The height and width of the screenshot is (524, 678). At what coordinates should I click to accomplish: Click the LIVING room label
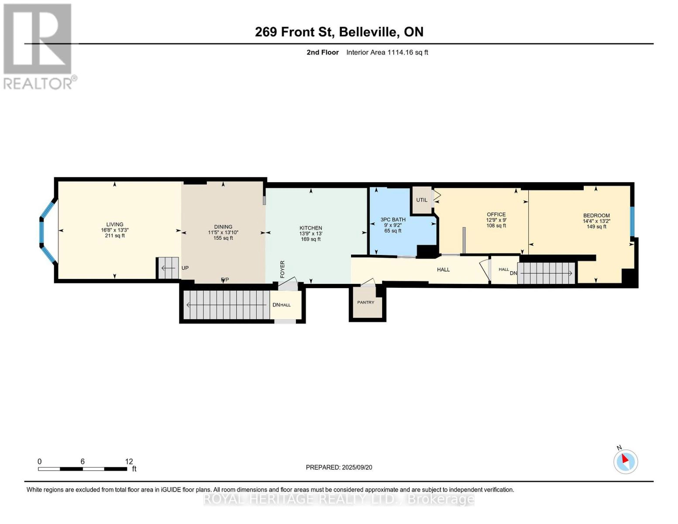click(x=115, y=224)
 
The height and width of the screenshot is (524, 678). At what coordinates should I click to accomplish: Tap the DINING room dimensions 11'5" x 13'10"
click(x=223, y=232)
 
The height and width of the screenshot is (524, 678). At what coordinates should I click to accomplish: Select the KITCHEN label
click(x=310, y=228)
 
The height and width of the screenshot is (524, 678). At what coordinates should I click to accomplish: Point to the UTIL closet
click(x=422, y=200)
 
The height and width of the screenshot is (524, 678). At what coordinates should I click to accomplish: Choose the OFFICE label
click(x=496, y=214)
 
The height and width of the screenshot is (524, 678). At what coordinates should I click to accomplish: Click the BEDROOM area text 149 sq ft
click(x=596, y=227)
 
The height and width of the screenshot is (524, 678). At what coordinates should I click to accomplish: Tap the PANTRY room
click(x=366, y=302)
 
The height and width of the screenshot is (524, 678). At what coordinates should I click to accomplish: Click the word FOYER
click(x=282, y=269)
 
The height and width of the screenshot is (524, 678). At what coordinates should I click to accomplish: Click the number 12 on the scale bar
click(x=129, y=461)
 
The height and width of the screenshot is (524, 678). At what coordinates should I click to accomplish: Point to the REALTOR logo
click(x=38, y=46)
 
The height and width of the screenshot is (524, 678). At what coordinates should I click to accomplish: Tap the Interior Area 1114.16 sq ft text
click(x=387, y=52)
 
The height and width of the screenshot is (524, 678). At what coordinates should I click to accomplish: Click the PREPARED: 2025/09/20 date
click(x=339, y=467)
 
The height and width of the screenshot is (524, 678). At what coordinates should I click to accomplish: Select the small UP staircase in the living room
click(x=168, y=268)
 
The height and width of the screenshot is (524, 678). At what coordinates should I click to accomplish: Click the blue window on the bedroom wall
click(x=632, y=221)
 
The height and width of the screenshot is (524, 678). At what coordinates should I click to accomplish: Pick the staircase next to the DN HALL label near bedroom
click(x=546, y=273)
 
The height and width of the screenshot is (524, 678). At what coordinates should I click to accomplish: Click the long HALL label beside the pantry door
click(x=443, y=269)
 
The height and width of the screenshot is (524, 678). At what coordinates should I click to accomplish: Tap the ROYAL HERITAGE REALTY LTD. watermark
click(x=339, y=499)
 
